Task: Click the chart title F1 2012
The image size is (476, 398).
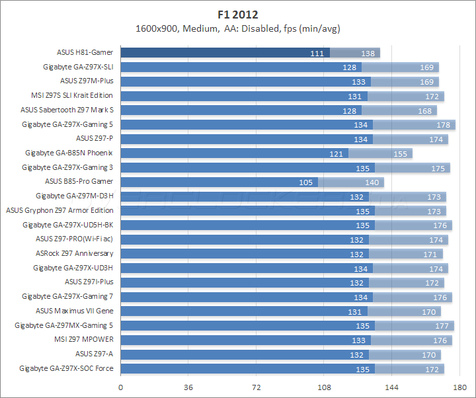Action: point(238,13)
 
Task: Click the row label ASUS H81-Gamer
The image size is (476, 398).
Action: point(85,52)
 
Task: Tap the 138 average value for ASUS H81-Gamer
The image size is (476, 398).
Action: point(368,53)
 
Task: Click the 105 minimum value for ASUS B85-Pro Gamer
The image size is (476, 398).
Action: point(307,182)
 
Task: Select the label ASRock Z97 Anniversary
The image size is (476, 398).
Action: point(74,254)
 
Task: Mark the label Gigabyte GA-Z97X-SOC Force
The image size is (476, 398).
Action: point(66,368)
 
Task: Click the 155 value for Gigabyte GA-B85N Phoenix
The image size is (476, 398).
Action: point(401,153)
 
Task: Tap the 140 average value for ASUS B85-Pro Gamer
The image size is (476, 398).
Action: point(372,182)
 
